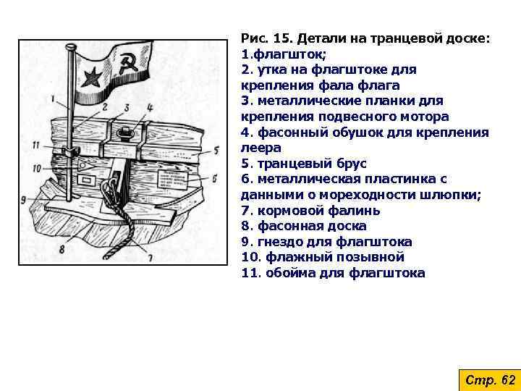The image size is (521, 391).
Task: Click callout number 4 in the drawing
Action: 149,107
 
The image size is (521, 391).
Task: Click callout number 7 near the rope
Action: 150,255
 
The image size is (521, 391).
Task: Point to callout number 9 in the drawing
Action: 24,200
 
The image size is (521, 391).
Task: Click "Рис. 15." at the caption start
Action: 266,38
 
